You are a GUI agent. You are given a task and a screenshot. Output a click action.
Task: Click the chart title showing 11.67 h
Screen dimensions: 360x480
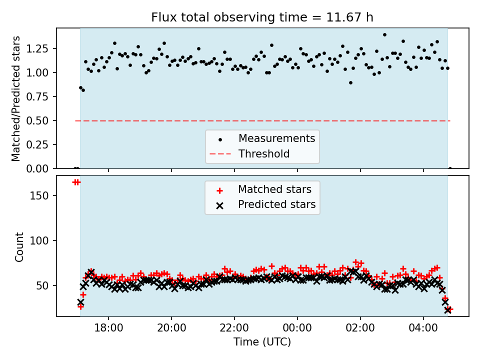click(x=262, y=17)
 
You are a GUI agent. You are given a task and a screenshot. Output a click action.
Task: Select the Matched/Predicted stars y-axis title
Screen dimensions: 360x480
click(x=16, y=98)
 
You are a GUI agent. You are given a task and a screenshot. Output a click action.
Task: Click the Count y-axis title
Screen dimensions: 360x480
click(x=19, y=247)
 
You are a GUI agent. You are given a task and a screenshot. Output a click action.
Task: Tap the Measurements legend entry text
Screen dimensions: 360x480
click(x=276, y=138)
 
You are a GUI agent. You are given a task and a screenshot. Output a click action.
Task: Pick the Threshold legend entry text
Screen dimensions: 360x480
click(x=264, y=154)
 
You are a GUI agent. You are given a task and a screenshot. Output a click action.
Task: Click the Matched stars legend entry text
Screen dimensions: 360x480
click(x=274, y=189)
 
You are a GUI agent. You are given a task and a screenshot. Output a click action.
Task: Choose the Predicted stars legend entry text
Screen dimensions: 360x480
click(x=276, y=204)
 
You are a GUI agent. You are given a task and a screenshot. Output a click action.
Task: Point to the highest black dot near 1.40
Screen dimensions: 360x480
click(x=384, y=35)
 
